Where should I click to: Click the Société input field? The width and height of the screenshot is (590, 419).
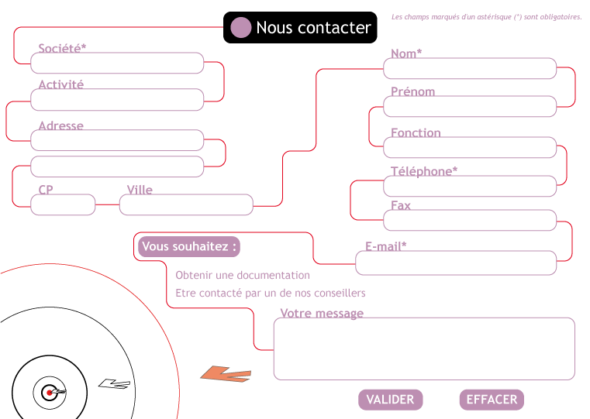click(x=117, y=64)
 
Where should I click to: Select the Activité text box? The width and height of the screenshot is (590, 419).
click(x=117, y=100)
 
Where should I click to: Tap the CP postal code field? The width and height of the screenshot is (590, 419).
click(x=63, y=204)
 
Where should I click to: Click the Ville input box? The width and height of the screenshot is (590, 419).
click(x=186, y=204)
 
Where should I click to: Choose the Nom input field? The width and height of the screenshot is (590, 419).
click(x=470, y=68)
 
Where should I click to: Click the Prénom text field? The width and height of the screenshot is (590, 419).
click(x=470, y=106)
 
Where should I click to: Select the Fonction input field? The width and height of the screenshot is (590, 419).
click(x=470, y=147)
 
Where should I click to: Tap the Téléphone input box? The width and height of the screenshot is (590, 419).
click(x=470, y=186)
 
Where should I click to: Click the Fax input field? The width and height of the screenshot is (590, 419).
click(x=470, y=220)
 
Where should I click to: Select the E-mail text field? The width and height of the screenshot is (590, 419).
click(x=456, y=263)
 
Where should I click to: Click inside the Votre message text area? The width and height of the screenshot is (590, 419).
click(x=424, y=349)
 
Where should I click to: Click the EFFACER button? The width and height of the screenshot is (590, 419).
click(x=492, y=400)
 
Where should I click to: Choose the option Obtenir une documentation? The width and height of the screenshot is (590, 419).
click(x=243, y=275)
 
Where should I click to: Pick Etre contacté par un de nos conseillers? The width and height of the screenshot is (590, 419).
click(x=271, y=293)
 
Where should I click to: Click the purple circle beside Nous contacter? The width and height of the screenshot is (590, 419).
click(x=240, y=27)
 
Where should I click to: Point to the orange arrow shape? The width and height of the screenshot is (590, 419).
click(x=226, y=375)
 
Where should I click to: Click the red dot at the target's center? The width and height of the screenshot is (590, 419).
click(x=50, y=393)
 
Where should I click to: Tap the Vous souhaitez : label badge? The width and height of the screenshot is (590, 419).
click(x=189, y=247)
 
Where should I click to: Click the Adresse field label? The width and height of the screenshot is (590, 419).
click(x=61, y=125)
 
